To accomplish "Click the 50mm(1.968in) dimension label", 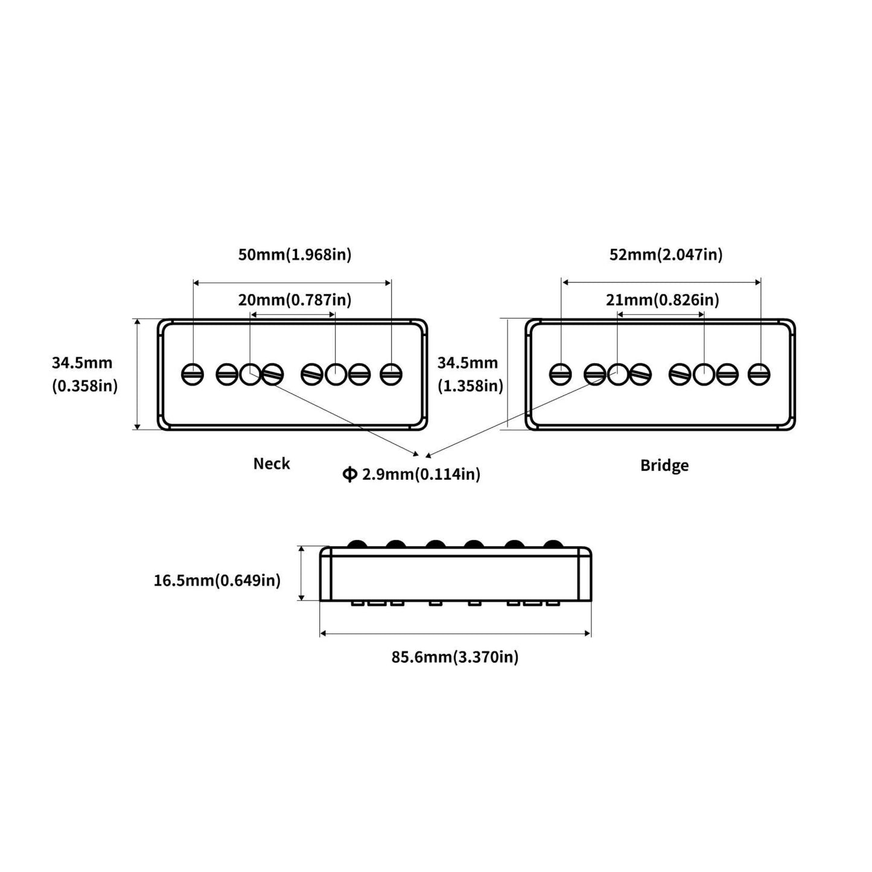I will (x=294, y=254).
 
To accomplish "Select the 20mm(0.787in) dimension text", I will (x=294, y=299).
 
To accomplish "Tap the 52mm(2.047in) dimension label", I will (x=666, y=254).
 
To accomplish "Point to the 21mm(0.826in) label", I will (x=663, y=299).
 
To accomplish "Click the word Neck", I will (x=272, y=463).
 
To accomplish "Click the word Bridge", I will (x=664, y=465).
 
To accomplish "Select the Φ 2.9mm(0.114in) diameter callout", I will (x=412, y=474).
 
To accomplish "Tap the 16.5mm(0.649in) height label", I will (x=217, y=581).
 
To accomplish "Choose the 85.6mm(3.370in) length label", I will (x=455, y=657).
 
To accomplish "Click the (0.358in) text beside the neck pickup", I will (x=85, y=386).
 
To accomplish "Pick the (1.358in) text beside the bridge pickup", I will (x=470, y=386).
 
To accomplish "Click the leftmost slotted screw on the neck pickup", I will (x=193, y=375).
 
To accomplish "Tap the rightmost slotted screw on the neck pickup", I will (x=391, y=375).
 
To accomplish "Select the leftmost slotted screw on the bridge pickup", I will (x=561, y=375).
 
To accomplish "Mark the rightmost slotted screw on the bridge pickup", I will (x=759, y=375).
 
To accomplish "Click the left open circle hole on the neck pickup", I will (x=250, y=375).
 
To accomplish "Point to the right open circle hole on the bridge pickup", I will (x=703, y=375).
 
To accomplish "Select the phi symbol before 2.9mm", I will (x=349, y=474).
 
